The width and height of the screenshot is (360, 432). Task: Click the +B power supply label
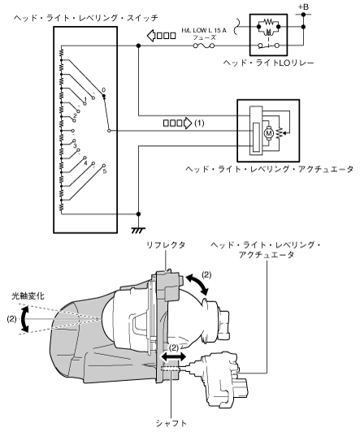click(303, 6)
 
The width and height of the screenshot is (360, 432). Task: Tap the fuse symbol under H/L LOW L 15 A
click(204, 45)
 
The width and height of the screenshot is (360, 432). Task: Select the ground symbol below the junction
click(138, 231)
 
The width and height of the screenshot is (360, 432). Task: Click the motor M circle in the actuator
click(269, 134)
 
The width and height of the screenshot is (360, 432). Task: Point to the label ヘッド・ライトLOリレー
click(268, 63)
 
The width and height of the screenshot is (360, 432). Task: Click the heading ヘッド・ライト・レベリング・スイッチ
click(86, 18)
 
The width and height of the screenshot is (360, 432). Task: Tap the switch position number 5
click(105, 171)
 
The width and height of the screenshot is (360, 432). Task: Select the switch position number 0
click(104, 90)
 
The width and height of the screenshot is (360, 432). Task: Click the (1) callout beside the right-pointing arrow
click(199, 123)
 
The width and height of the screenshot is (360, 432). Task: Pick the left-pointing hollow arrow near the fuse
click(161, 36)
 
